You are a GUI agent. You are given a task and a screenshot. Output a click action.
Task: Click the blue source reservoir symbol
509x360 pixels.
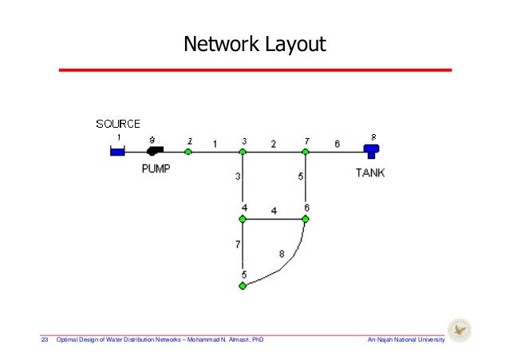117,150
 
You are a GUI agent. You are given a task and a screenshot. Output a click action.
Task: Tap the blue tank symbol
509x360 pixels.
370,149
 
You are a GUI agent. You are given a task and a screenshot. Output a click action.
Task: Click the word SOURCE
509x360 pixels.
118,124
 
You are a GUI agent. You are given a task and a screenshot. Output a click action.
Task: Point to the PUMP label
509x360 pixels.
157,169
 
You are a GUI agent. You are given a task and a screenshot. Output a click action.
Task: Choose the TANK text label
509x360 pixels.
370,171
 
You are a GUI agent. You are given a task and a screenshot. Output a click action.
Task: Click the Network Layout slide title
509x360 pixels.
254,44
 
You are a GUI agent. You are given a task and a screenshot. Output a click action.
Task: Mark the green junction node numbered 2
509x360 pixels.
188,151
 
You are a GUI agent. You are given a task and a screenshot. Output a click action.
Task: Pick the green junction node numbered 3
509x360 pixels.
243,151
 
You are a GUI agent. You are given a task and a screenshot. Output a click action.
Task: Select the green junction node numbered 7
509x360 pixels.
306,151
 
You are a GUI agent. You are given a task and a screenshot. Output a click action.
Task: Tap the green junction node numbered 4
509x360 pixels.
243,218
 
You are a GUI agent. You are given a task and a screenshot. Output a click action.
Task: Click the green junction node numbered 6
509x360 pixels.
306,218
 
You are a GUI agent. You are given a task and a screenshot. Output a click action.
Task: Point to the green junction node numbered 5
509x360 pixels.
243,285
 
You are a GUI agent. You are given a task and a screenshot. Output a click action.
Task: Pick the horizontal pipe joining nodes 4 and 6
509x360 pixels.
274,218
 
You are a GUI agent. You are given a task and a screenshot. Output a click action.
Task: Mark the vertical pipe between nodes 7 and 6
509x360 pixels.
306,185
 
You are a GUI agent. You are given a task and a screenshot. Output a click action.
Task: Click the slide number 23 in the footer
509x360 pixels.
45,341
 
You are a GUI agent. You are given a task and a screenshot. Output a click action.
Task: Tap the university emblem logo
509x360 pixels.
460,330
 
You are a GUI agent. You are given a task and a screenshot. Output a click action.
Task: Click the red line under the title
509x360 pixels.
254,71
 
